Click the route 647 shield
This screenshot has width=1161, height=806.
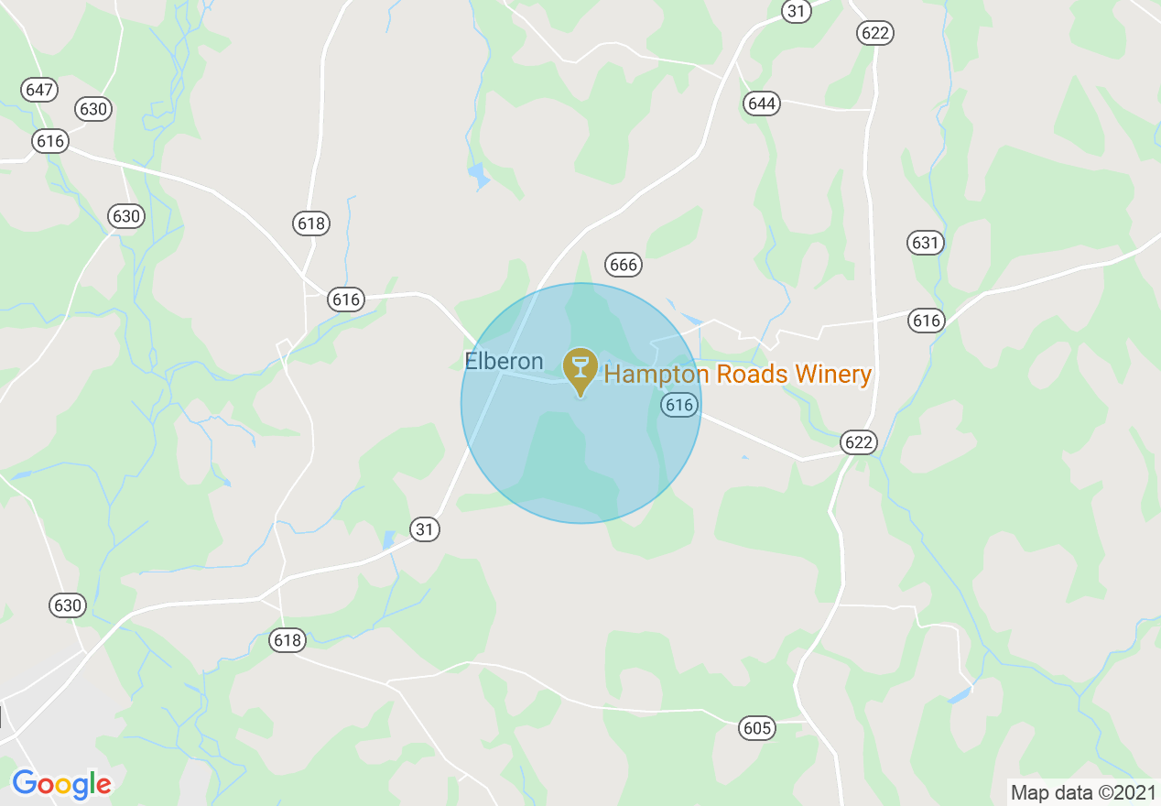coord(39,90)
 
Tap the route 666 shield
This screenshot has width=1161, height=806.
coord(623,266)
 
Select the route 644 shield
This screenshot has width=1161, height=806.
coord(762,103)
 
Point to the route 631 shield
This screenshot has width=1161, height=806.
coord(926,243)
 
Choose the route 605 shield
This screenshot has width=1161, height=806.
coord(757,729)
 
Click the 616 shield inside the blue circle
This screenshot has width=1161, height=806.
coord(678,405)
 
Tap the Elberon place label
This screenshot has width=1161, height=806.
coord(504,361)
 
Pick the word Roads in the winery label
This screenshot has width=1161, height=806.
coord(748,374)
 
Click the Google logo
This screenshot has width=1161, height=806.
coord(61,784)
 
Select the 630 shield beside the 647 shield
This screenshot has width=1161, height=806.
coord(92,110)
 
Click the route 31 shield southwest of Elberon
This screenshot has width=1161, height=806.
coord(424,529)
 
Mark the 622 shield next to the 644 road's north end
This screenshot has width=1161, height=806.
coord(874,33)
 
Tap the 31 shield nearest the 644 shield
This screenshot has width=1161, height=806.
coord(797,10)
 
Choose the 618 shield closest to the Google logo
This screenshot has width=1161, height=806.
coord(288,640)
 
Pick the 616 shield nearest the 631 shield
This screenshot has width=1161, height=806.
coord(927,321)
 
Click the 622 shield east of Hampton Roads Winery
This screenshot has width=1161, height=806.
coord(859,443)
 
